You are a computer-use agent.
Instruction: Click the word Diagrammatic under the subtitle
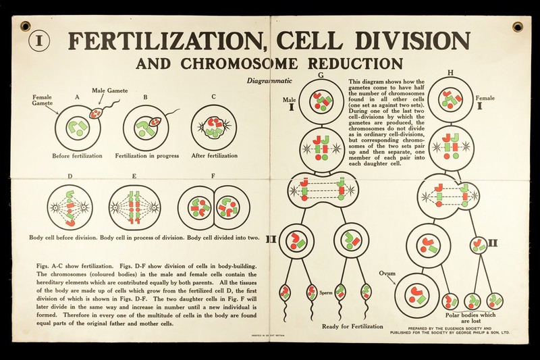pyautogui.click(x=269, y=80)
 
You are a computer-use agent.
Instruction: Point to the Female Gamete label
pyautogui.click(x=42, y=101)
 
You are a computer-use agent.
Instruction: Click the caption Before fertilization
pyautogui.click(x=77, y=156)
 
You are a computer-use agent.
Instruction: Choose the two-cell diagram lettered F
pyautogui.click(x=215, y=208)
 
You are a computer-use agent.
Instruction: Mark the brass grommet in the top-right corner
pyautogui.click(x=518, y=26)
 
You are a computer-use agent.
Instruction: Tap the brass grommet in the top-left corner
pyautogui.click(x=26, y=26)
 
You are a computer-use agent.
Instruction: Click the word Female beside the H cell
pyautogui.click(x=485, y=98)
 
